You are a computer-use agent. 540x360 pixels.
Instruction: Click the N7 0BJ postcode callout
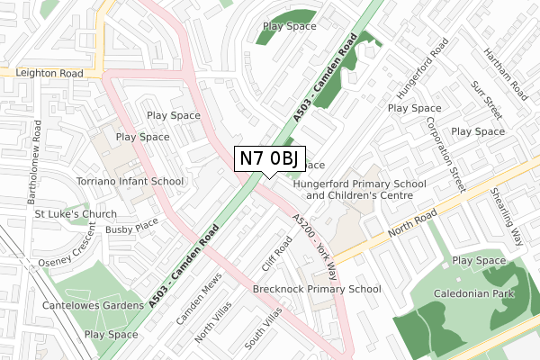pyautogui.click(x=268, y=158)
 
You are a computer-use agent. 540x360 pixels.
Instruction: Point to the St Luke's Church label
pyautogui.click(x=76, y=214)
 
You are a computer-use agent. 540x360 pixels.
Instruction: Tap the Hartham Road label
pyautogui.click(x=512, y=73)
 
